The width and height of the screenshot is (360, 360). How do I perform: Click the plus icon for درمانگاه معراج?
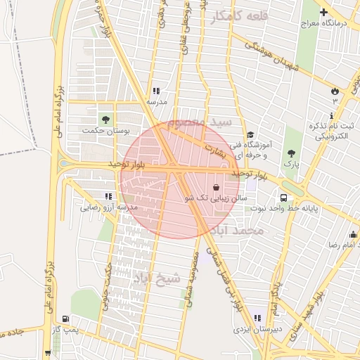pyautogui.click(x=323, y=13)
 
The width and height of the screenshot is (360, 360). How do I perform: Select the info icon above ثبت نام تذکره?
pyautogui.click(x=332, y=115)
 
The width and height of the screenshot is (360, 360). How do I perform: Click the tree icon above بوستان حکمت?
pyautogui.click(x=106, y=120)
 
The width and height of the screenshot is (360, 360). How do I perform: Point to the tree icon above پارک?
pyautogui.click(x=291, y=152)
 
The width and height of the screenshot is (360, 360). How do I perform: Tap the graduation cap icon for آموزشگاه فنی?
pyautogui.click(x=250, y=136)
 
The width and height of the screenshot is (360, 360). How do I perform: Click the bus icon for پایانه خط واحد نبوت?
pyautogui.click(x=283, y=198)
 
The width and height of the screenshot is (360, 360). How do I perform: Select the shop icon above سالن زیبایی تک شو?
pyautogui.click(x=215, y=188)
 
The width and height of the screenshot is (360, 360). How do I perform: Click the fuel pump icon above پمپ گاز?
pyautogui.click(x=66, y=318)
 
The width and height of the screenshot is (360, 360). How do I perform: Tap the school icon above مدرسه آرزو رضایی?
pyautogui.click(x=108, y=196)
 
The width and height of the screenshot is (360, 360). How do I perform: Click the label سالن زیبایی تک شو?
pyautogui.click(x=215, y=199)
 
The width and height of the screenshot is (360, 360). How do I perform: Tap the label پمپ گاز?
pyautogui.click(x=67, y=329)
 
